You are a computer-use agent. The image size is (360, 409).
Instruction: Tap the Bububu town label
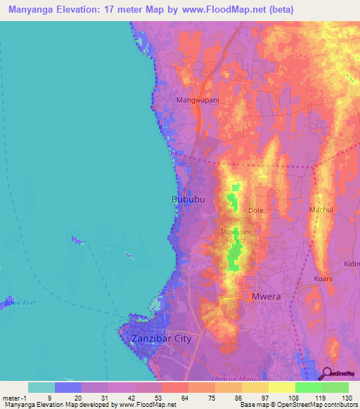[188, 200]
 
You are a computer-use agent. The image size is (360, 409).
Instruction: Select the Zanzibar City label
[161, 338]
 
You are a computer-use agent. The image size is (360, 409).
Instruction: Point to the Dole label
[255, 210]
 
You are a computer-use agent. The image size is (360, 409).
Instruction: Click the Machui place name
[321, 210]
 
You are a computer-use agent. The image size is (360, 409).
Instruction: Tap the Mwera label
[266, 296]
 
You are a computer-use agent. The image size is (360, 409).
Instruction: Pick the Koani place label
[323, 278]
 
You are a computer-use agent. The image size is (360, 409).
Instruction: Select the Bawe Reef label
[19, 303]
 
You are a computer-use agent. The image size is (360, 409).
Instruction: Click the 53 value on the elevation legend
[160, 398]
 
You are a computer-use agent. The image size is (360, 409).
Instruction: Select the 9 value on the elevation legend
[49, 398]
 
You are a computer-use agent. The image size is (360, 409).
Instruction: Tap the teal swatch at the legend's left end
[41, 387]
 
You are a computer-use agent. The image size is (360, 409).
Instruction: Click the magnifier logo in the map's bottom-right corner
[328, 375]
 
